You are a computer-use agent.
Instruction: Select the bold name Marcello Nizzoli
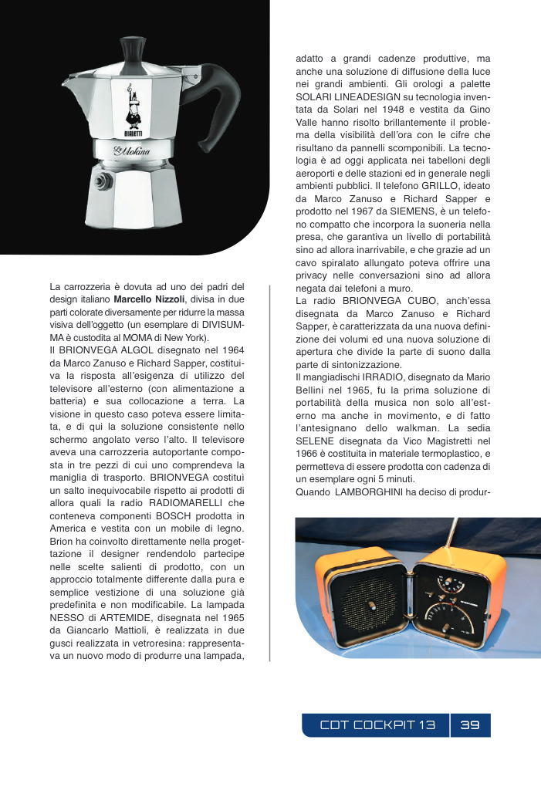[x=150, y=299]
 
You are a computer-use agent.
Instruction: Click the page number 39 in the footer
[x=470, y=725]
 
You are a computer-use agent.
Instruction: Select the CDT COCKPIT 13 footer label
[x=378, y=725]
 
